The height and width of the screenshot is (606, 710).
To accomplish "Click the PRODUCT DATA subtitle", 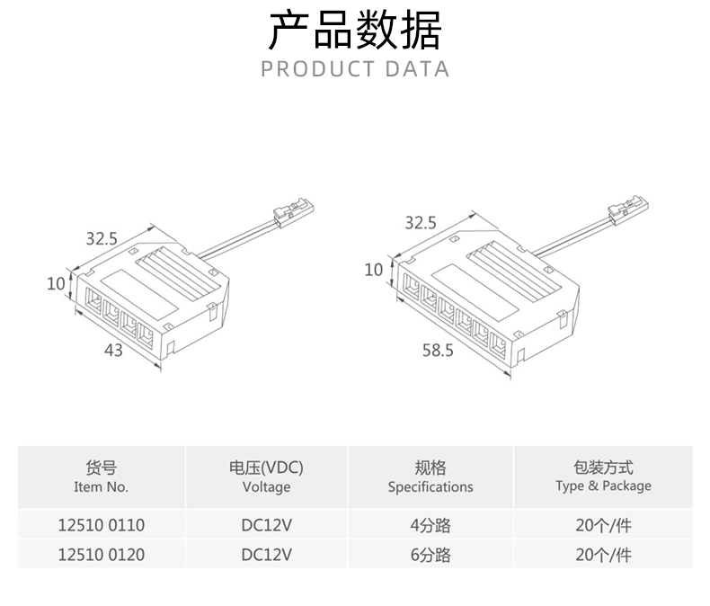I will pyautogui.click(x=355, y=69).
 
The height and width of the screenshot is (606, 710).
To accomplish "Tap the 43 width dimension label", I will pyautogui.click(x=113, y=351).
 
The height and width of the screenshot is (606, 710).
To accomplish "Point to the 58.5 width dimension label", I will pyautogui.click(x=438, y=351).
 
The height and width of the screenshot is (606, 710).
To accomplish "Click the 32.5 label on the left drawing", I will pyautogui.click(x=102, y=238).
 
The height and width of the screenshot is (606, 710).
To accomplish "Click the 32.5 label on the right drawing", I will pyautogui.click(x=420, y=223).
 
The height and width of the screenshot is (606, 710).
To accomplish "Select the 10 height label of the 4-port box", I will pyautogui.click(x=56, y=283).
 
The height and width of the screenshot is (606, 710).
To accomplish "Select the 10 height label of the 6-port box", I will pyautogui.click(x=374, y=269).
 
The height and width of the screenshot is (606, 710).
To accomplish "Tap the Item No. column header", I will pyautogui.click(x=102, y=477).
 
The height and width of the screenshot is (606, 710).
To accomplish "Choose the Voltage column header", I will pyautogui.click(x=266, y=477).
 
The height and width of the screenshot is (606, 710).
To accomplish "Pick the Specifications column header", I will pyautogui.click(x=430, y=477).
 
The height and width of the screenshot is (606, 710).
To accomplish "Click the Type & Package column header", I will pyautogui.click(x=603, y=477).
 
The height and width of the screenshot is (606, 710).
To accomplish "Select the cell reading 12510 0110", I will pyautogui.click(x=102, y=525).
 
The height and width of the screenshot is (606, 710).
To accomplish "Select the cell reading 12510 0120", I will pyautogui.click(x=102, y=555).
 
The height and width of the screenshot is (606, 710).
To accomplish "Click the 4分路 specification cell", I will pyautogui.click(x=430, y=525).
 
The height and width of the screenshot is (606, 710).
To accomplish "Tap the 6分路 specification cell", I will pyautogui.click(x=430, y=555).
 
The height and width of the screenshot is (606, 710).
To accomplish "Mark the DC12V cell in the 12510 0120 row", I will pyautogui.click(x=266, y=555).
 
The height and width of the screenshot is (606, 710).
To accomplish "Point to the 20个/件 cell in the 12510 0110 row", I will pyautogui.click(x=603, y=525).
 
